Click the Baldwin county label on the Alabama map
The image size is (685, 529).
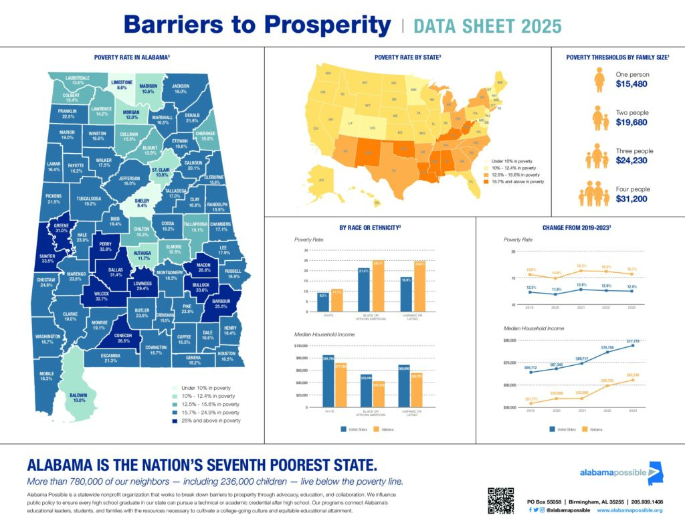pos(80,397)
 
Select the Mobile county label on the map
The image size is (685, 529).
pos(47,376)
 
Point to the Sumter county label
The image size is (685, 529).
pos(47,257)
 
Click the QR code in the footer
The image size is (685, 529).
pos(501,500)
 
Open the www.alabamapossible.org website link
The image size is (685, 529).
pos(629,510)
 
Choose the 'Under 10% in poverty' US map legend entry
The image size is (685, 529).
pos(512,161)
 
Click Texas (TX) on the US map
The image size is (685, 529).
pos(393,171)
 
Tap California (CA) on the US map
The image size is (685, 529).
pos(315,128)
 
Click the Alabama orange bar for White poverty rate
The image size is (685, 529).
pos(337,300)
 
